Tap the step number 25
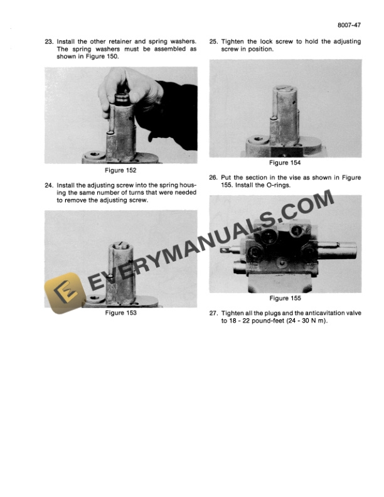click(213, 41)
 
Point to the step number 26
click(213, 178)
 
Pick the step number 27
click(213, 313)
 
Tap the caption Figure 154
click(285, 163)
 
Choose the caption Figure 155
click(285, 298)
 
